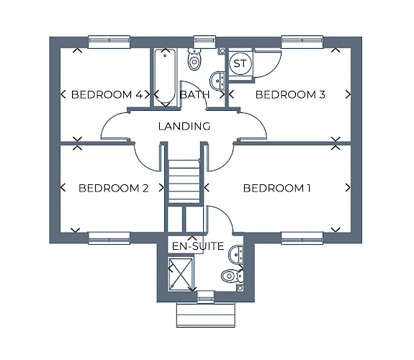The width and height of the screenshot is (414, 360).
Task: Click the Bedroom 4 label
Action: point(107,94)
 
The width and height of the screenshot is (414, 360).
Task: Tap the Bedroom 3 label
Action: point(290,94)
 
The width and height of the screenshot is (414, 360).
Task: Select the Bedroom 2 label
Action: point(114,188)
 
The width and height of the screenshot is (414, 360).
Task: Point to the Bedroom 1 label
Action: point(276,188)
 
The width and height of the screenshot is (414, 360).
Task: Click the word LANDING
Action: point(184,126)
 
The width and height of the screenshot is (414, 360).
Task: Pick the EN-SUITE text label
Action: point(198,246)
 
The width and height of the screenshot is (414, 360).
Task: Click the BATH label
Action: point(194,94)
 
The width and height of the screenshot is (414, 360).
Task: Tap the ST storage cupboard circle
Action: point(240,63)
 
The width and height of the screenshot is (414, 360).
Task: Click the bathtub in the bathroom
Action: point(165,76)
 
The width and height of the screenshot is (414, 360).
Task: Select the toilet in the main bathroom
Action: point(194,60)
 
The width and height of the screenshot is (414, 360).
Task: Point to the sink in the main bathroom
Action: point(217,81)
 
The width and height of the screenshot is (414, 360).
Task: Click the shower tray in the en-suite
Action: point(181,274)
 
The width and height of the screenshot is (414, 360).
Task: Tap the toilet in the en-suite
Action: point(232,276)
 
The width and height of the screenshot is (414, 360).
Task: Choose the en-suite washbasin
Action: point(235,254)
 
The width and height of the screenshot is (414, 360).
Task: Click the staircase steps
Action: point(184,181)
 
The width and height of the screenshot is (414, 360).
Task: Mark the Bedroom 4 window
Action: point(109,42)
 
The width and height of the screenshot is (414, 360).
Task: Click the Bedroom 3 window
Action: point(302,42)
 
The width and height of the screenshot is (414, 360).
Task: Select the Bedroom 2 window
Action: point(109,238)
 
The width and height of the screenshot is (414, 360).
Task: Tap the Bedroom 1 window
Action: point(302,238)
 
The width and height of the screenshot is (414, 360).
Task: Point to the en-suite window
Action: point(206,297)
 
